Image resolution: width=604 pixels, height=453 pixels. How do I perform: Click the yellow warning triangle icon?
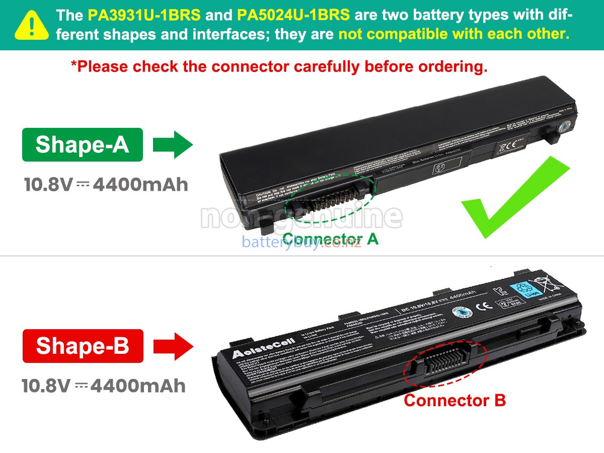(32, 25)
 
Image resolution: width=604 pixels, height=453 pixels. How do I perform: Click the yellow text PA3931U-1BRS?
(144, 15)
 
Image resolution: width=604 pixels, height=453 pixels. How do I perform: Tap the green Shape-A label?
(83, 144)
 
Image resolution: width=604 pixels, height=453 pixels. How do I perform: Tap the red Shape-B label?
(83, 346)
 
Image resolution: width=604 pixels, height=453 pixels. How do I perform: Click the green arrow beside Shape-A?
(173, 144)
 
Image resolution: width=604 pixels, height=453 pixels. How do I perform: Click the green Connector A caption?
(330, 239)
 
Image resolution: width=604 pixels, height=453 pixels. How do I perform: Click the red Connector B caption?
(455, 401)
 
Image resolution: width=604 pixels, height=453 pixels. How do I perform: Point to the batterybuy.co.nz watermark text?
(301, 242)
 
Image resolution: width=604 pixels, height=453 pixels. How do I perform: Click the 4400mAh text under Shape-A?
(140, 185)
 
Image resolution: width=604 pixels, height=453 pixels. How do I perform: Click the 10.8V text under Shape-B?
(46, 386)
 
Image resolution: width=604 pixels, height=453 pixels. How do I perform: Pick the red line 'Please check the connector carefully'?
(279, 66)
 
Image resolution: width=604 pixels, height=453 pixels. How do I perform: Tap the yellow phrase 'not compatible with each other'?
(454, 34)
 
